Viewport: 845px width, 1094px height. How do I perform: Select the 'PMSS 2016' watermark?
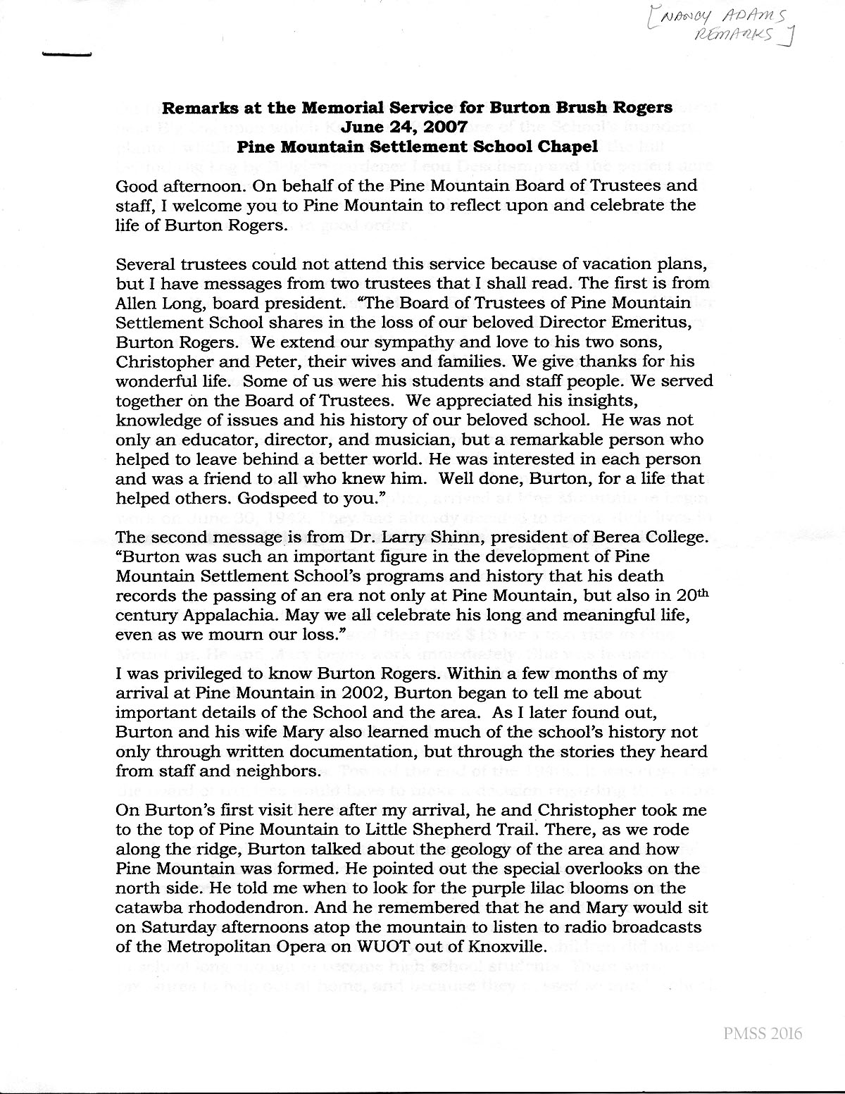(x=762, y=1034)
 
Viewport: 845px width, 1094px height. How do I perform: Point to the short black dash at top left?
(x=67, y=54)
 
